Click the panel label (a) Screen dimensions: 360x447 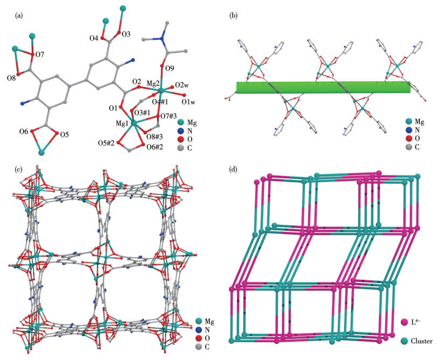tap(20, 16)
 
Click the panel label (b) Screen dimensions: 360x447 tap(233, 16)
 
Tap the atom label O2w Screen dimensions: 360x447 tap(181, 86)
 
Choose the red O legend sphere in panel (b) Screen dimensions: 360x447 tap(409, 138)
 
